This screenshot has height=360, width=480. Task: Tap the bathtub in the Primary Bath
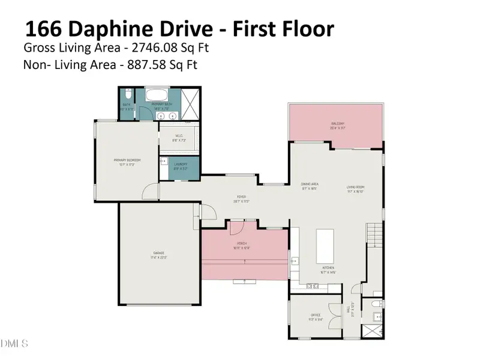[158, 97]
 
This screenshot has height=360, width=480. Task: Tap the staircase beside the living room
[374, 234]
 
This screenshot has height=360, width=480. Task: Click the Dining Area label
[309, 186]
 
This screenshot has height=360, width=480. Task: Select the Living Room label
[355, 189]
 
